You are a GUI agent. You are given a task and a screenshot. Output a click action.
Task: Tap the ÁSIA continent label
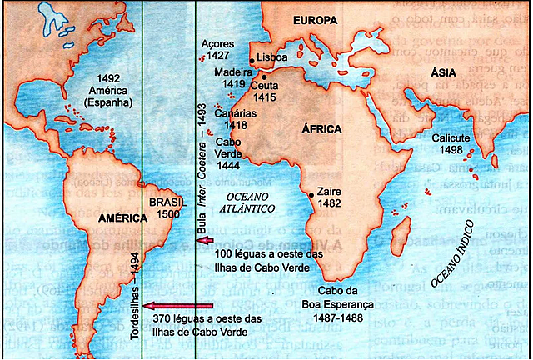coord(443,74)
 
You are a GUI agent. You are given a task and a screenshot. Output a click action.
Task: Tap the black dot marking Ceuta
coord(264,77)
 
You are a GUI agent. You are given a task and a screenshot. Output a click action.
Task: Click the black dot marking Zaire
coord(311,194)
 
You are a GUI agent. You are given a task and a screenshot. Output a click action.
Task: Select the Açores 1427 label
coord(219,50)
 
